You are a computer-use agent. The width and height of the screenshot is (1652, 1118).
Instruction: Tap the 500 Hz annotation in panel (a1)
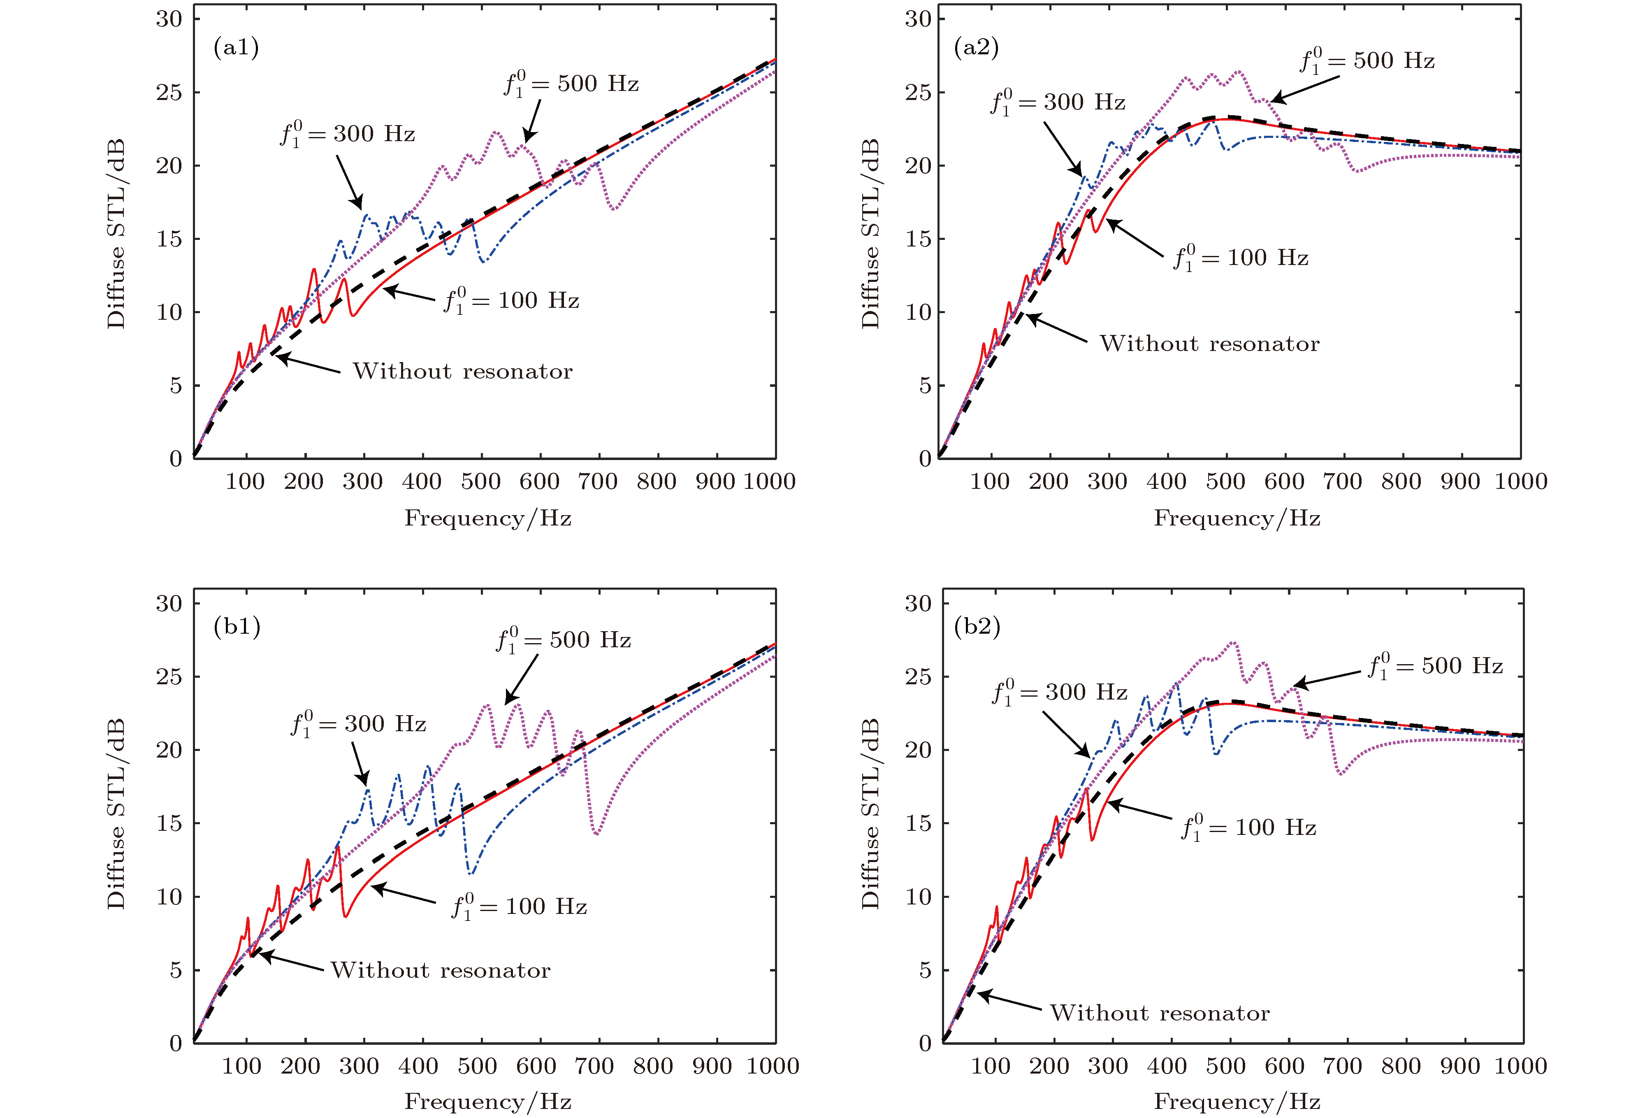571,84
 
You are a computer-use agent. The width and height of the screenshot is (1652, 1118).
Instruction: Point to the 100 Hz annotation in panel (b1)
519,907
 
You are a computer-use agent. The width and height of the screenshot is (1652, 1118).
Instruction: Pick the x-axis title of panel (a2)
1237,518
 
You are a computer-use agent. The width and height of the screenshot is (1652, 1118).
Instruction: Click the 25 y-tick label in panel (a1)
169,93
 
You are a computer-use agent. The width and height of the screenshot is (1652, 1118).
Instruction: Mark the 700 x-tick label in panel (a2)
1342,481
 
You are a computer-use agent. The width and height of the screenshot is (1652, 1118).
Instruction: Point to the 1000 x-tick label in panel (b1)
773,1066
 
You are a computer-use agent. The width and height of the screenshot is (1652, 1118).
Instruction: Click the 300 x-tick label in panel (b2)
1107,1066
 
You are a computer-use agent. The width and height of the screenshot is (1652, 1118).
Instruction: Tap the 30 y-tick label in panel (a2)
918,19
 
